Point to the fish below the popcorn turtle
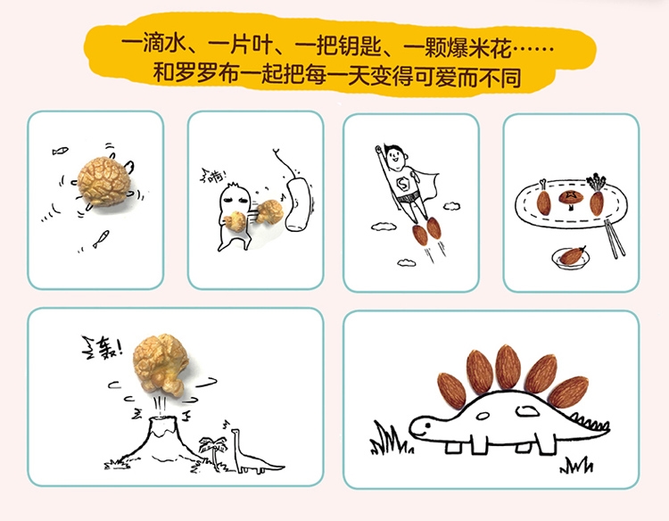pyautogui.click(x=101, y=236)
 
